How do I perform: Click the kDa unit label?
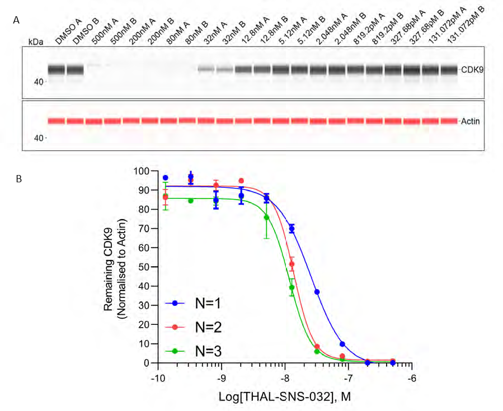(35, 42)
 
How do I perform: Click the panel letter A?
(16, 20)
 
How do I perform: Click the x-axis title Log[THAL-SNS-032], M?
(285, 396)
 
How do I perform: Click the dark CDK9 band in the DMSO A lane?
(56, 70)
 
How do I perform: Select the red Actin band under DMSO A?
(56, 121)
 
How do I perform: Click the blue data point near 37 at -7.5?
(317, 292)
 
